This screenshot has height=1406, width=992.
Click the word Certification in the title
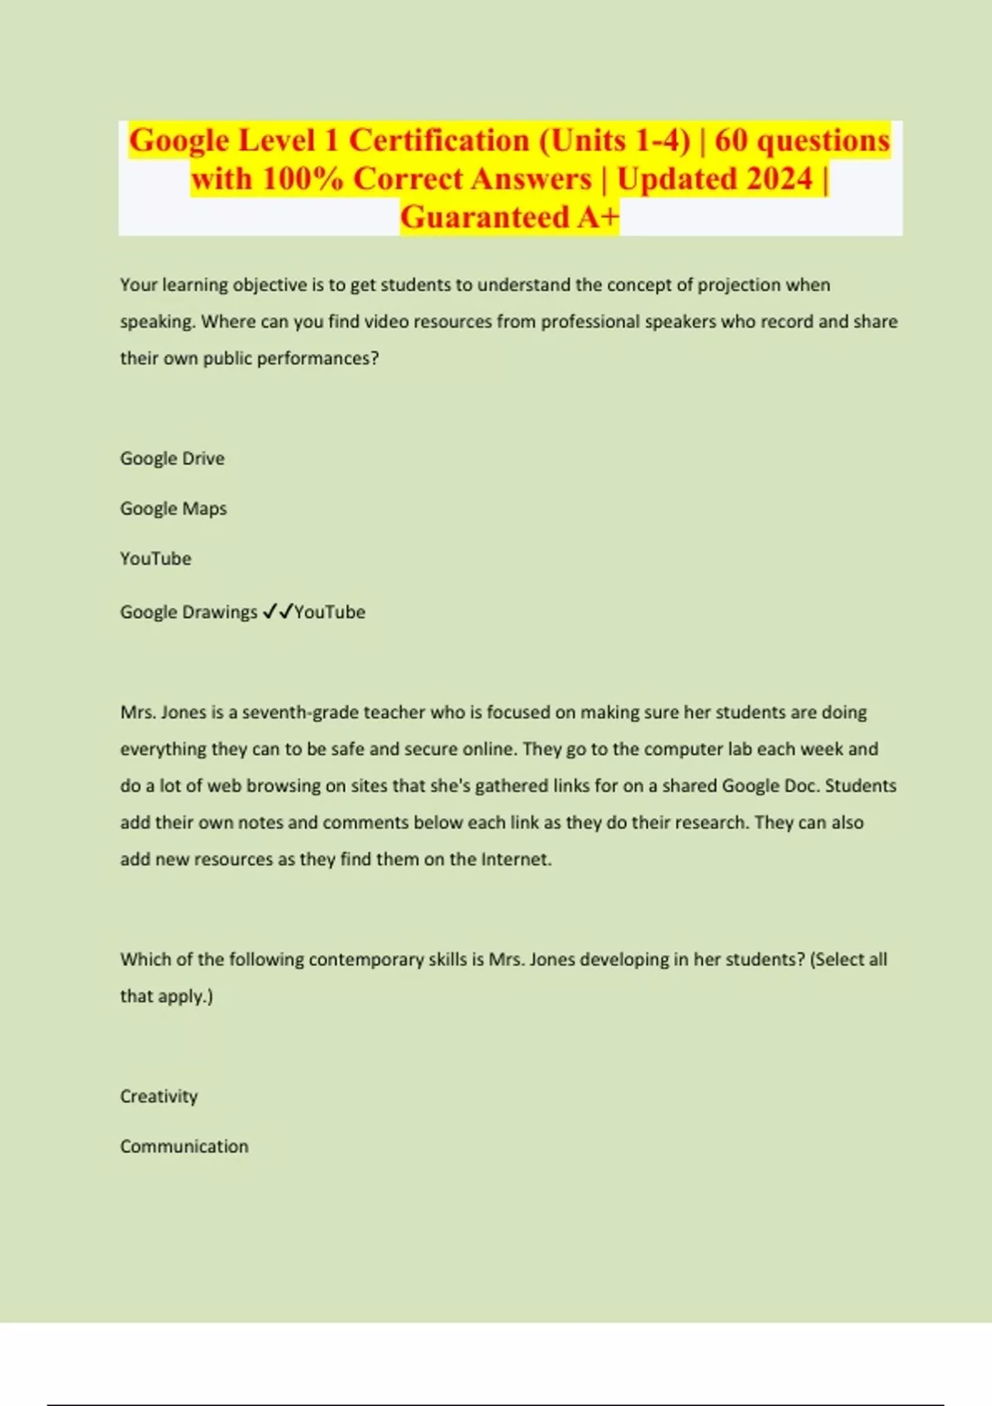tap(438, 141)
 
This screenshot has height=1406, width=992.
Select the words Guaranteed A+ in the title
tap(509, 218)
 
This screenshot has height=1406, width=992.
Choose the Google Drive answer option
tap(172, 458)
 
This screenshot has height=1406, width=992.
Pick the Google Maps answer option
tap(173, 509)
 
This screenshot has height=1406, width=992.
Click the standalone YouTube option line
tap(155, 559)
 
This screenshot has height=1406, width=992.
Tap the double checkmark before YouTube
tap(278, 612)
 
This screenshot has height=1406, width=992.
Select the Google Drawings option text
tap(188, 612)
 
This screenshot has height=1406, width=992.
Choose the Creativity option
tap(159, 1097)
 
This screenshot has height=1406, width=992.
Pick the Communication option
tap(184, 1147)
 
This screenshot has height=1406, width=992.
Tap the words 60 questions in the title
tap(802, 141)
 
